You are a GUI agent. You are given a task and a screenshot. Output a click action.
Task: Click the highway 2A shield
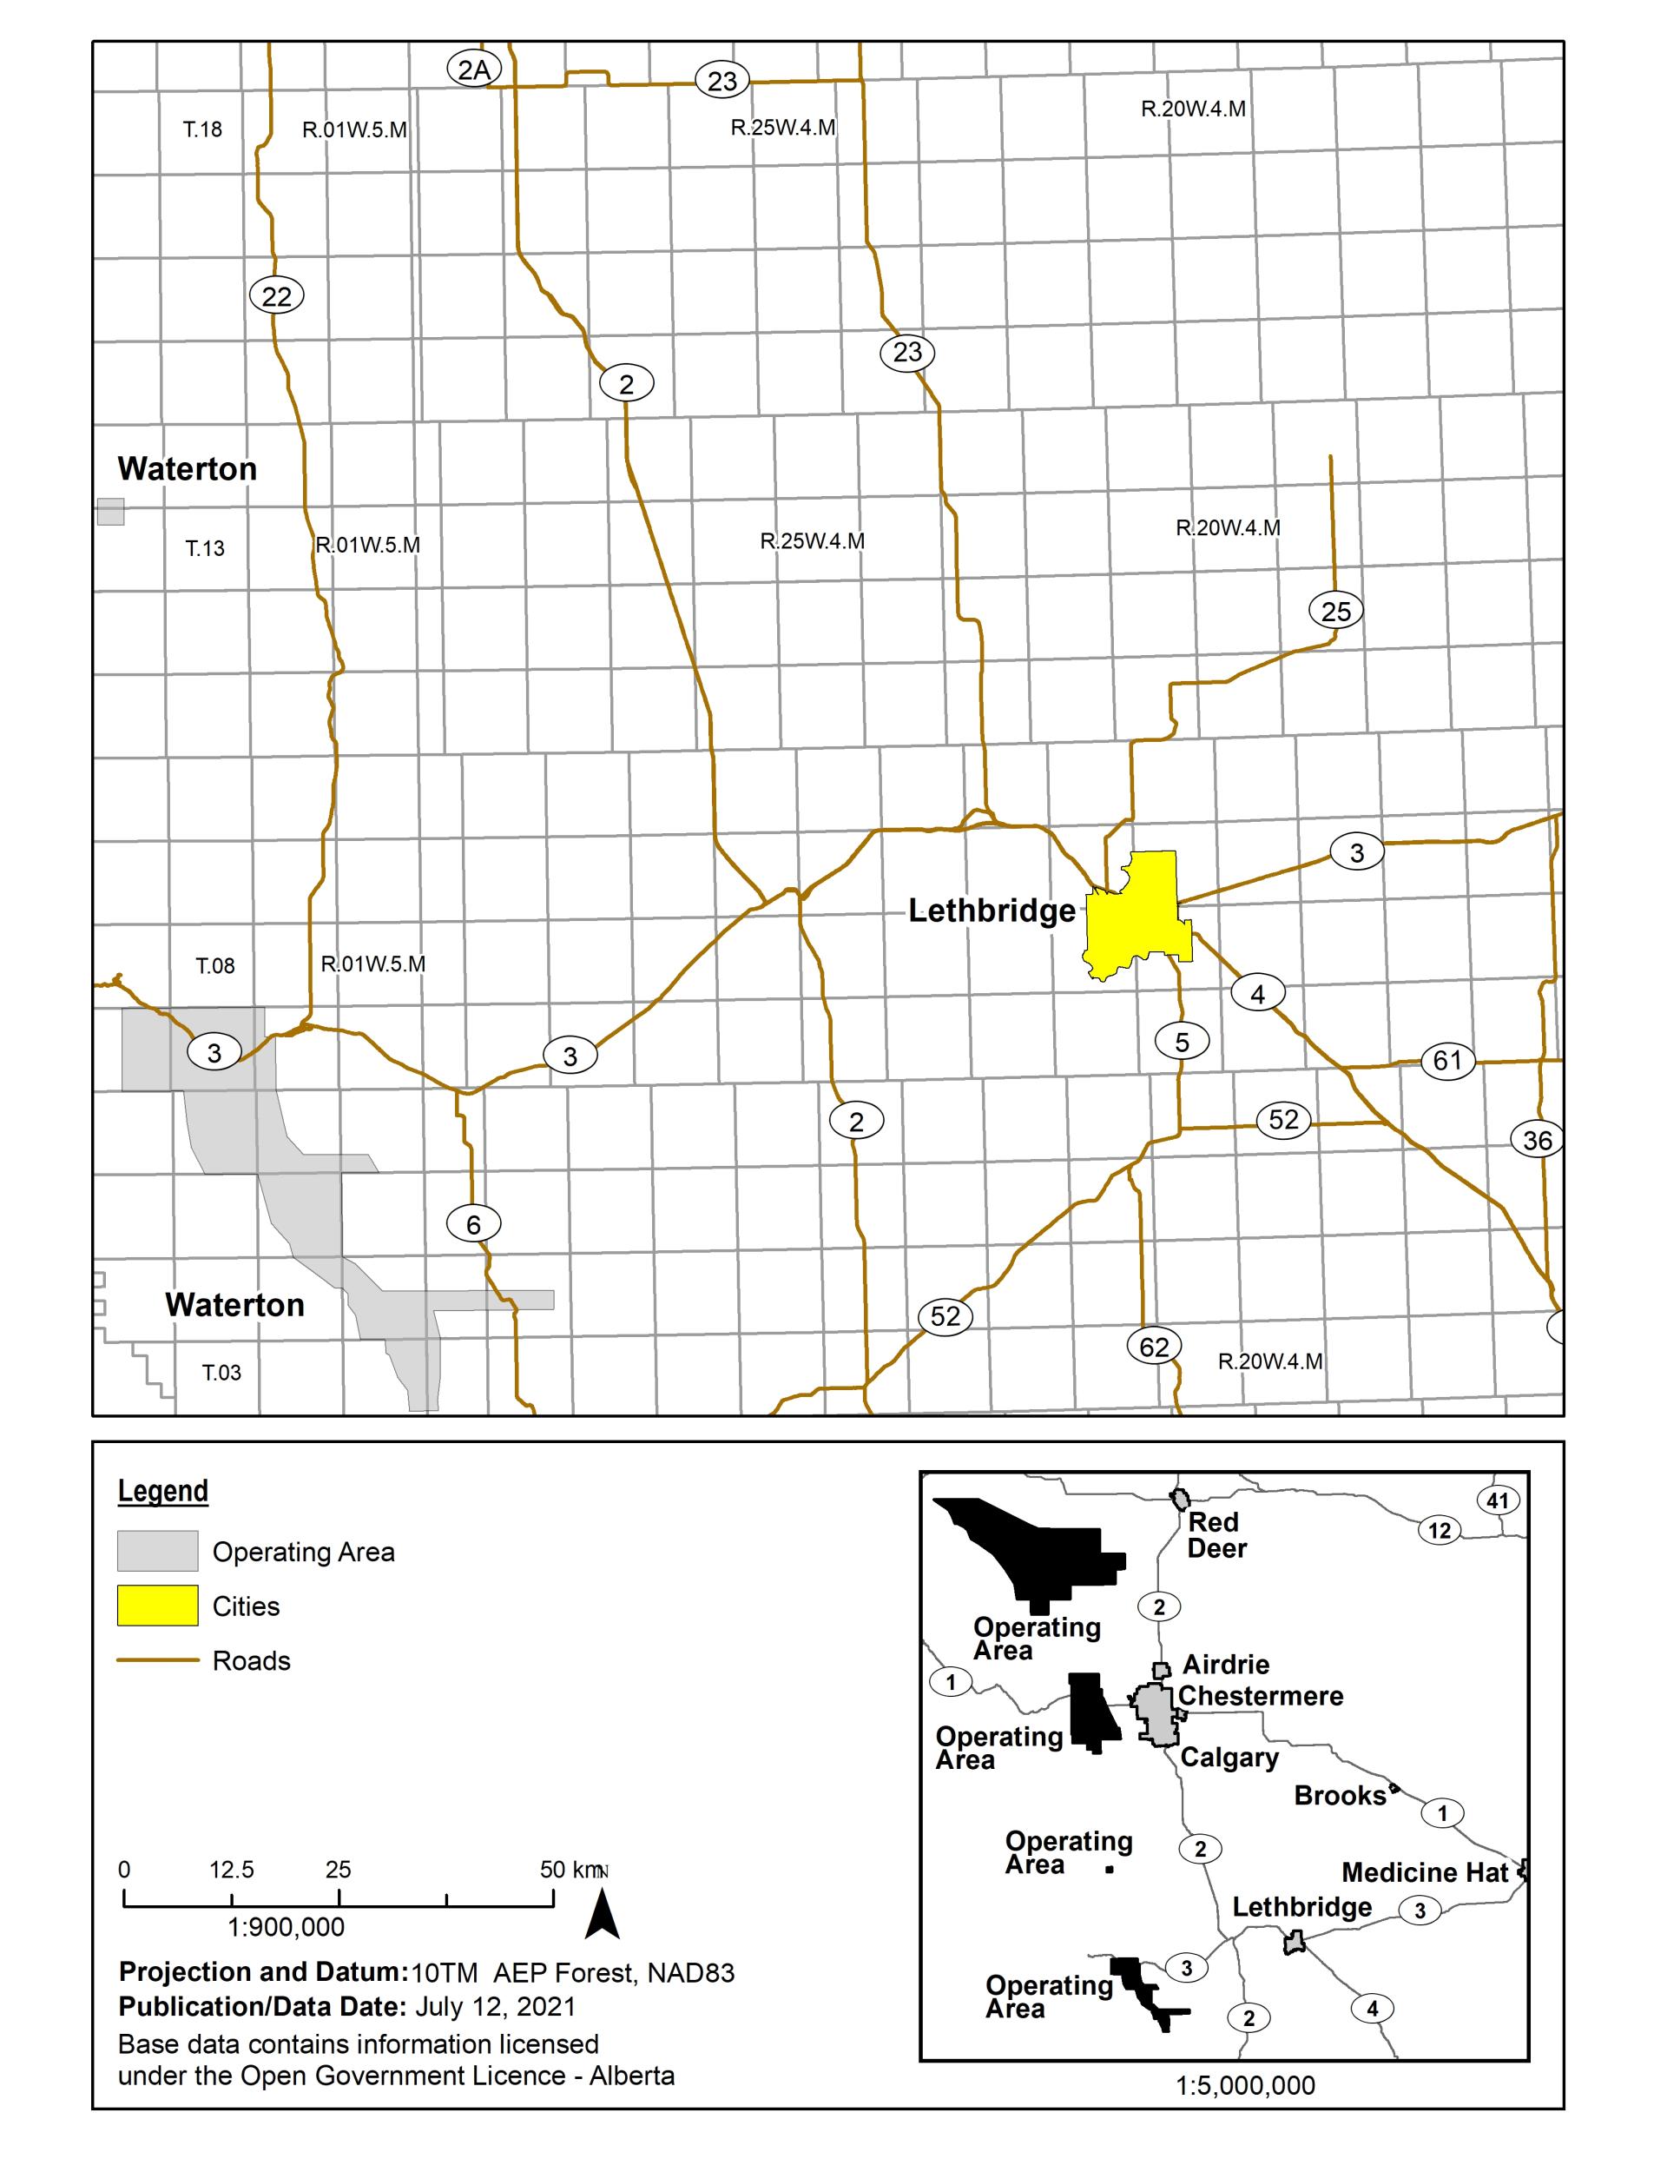(474, 70)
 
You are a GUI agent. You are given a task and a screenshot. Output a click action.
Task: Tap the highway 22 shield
(277, 295)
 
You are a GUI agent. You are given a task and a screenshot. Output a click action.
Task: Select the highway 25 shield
(1336, 611)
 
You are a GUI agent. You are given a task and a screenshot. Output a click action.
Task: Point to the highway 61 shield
(1447, 1061)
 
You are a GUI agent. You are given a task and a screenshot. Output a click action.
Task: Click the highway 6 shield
(473, 1225)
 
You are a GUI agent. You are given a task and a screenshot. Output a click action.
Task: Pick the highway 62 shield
(1154, 1347)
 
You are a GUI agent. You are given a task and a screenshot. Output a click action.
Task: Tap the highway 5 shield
(1182, 1041)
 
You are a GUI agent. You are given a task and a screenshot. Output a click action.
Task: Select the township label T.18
(202, 129)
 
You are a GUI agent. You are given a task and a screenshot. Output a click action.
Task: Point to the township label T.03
(221, 1372)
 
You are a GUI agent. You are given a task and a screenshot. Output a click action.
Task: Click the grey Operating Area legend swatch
(157, 1551)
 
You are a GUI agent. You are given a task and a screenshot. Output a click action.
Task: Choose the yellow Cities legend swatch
(157, 1606)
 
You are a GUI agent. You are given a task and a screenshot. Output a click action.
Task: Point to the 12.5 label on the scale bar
(231, 1870)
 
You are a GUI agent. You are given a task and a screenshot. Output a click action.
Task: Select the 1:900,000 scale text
(287, 1927)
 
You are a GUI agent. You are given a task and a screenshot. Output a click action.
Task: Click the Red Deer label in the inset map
(1216, 1534)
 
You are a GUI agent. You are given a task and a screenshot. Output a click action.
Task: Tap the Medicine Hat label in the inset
(1425, 1872)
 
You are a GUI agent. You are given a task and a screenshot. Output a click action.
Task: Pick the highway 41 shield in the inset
(1498, 1500)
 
